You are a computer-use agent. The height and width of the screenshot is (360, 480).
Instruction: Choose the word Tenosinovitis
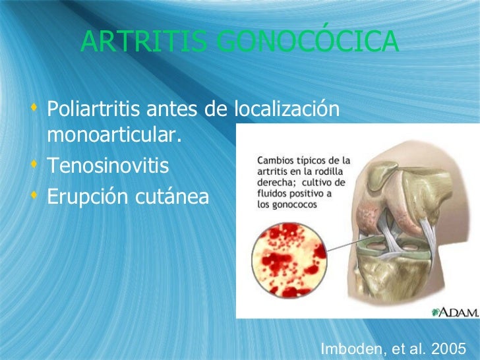pos(107,167)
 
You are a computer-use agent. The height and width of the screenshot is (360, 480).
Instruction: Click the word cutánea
pos(174,196)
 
